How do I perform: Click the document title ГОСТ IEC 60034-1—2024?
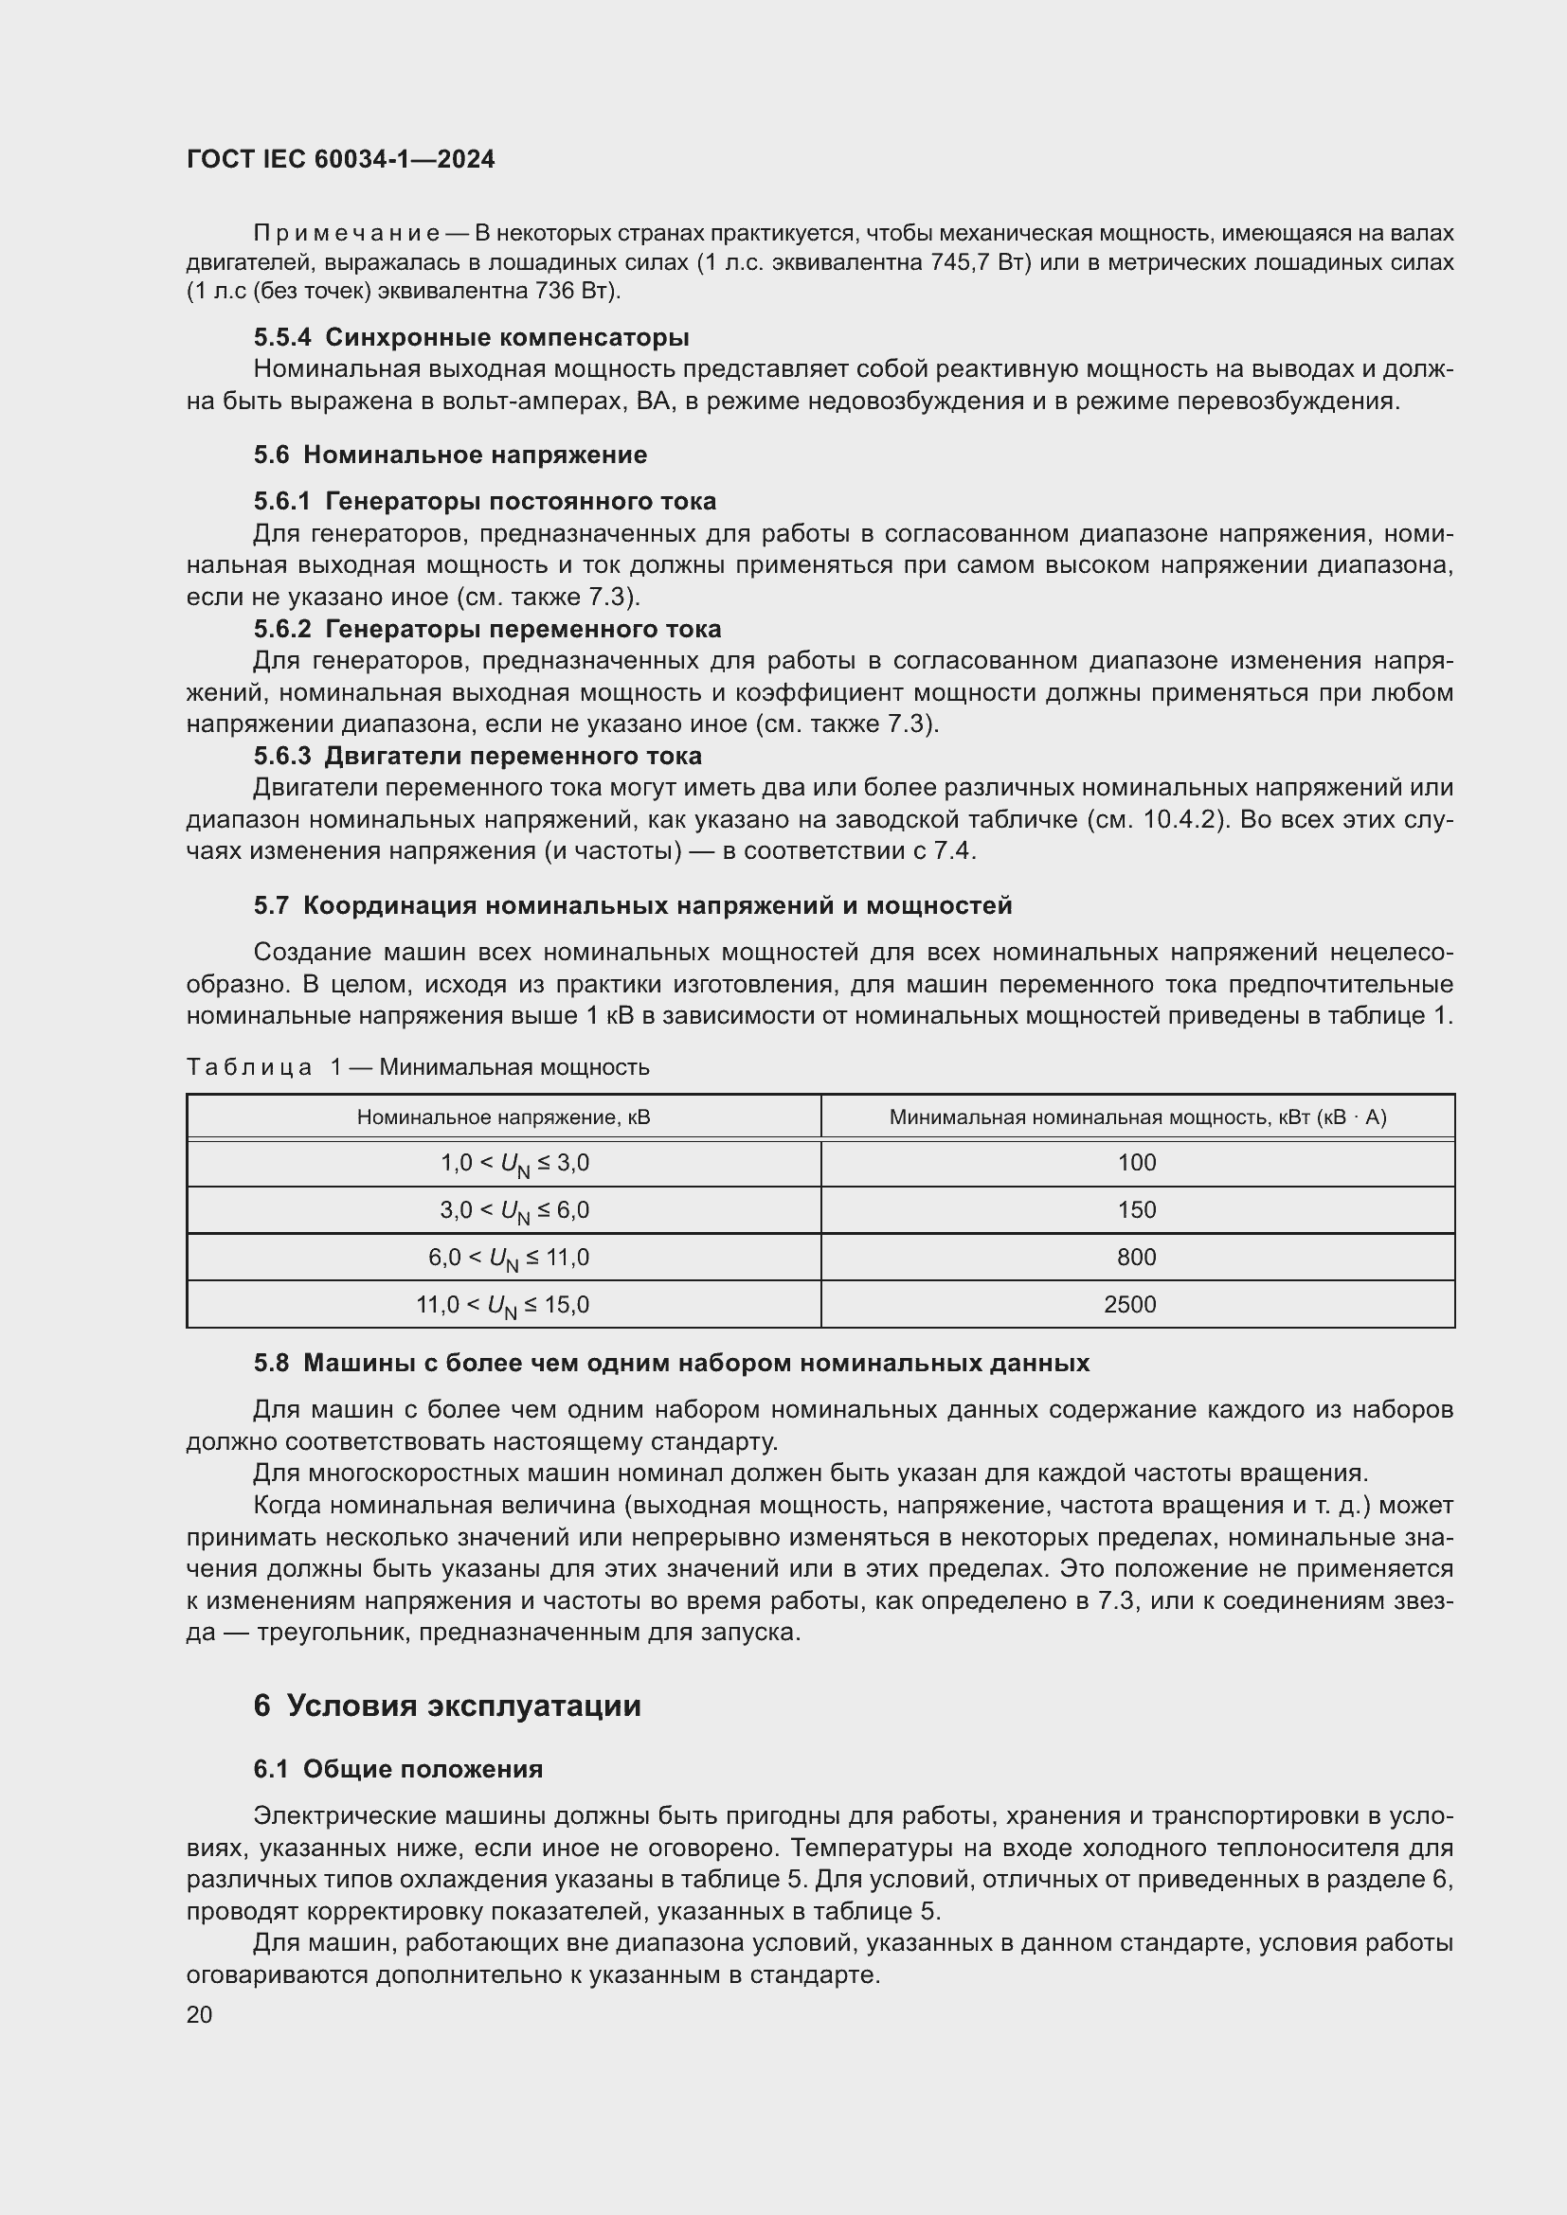click(x=341, y=159)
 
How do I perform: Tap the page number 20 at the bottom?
click(x=200, y=2014)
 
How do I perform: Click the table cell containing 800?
click(x=1136, y=1257)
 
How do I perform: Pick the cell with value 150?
click(x=1136, y=1209)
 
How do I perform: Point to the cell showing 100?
click(x=1136, y=1163)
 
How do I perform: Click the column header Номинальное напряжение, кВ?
click(x=503, y=1117)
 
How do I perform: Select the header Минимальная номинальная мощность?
click(x=1136, y=1117)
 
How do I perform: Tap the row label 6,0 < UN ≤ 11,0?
click(x=509, y=1258)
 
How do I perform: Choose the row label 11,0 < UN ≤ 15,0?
click(x=503, y=1305)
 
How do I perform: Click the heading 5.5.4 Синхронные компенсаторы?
click(x=471, y=338)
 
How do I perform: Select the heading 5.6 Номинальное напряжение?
click(x=451, y=455)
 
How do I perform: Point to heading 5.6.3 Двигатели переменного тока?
click(x=477, y=756)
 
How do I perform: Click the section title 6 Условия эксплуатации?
click(x=447, y=1706)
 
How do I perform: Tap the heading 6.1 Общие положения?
click(x=399, y=1769)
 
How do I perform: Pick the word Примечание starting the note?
click(x=347, y=234)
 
